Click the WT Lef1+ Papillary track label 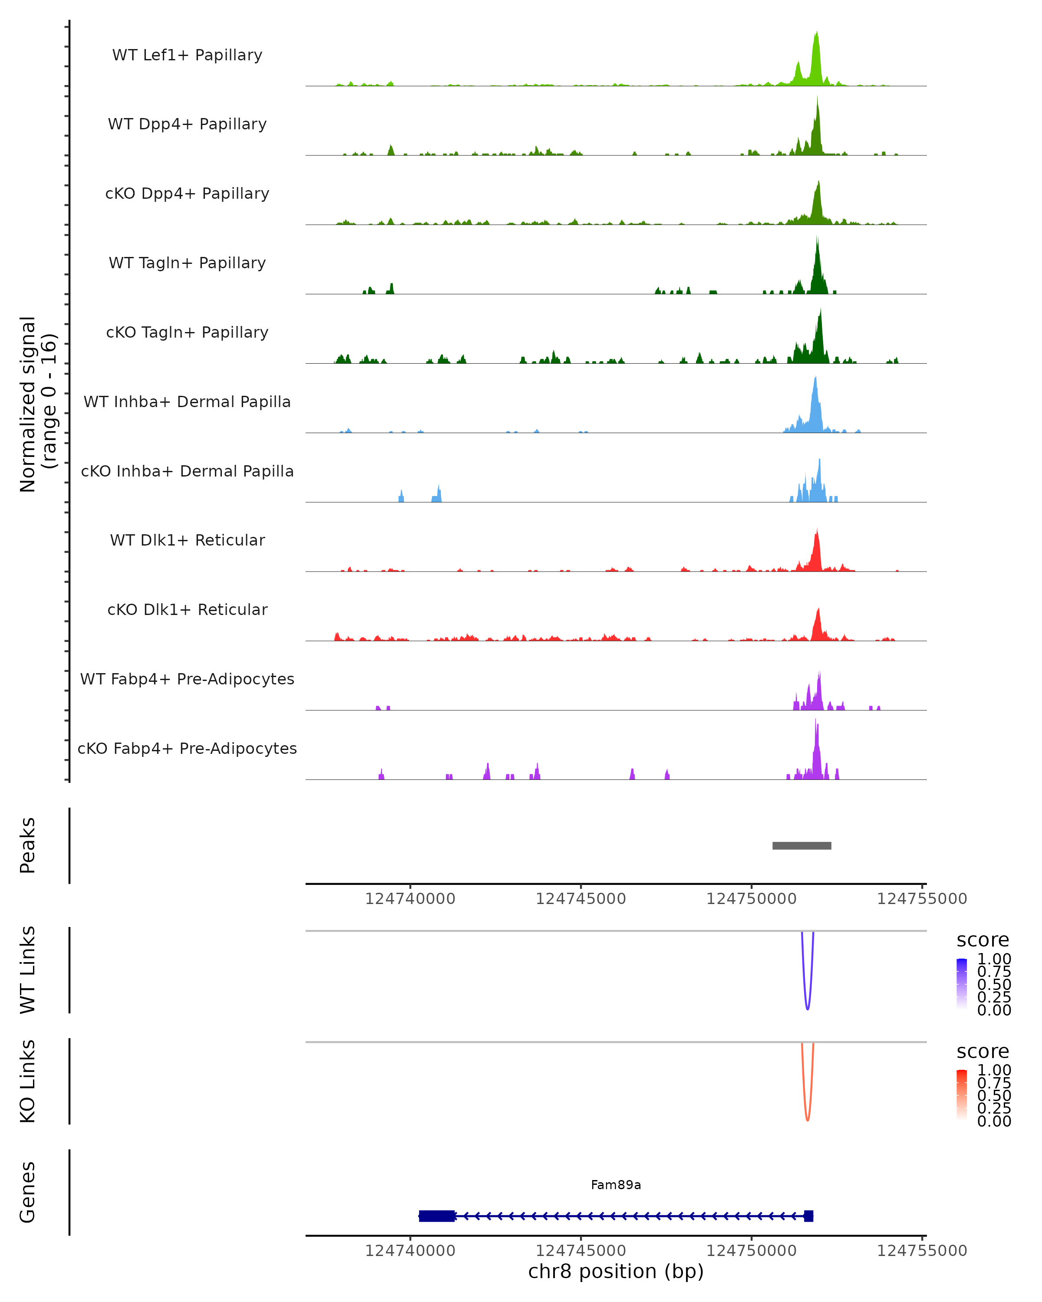pos(187,55)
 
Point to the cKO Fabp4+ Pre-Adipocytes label pos(187,748)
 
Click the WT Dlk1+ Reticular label pos(187,540)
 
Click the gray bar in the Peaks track pos(801,845)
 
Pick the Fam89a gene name pos(616,1185)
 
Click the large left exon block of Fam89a pos(437,1216)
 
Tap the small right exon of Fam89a pos(808,1216)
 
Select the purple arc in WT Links pos(808,1007)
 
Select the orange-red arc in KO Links pos(808,1118)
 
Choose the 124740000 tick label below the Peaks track pos(410,899)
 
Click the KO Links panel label pos(28,1081)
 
